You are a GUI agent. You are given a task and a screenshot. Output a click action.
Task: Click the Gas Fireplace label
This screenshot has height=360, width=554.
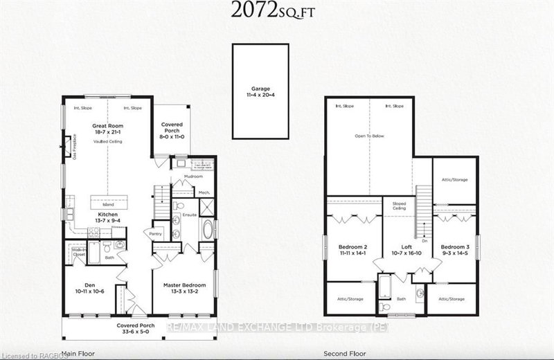(73, 147)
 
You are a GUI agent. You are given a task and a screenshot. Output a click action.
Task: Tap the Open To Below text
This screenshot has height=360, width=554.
(368, 136)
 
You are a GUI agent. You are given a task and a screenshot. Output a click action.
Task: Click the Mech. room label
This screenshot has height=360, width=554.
(204, 192)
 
